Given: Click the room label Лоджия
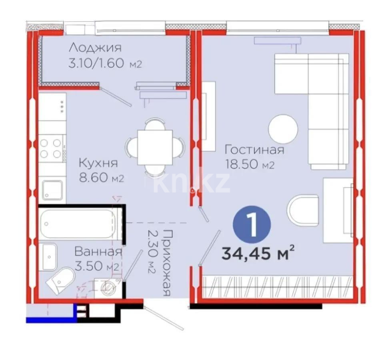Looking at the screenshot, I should tap(94, 48).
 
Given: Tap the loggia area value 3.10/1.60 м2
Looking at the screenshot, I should tap(105, 64).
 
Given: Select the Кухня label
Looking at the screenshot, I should tap(98, 163).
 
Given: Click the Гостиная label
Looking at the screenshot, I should tap(254, 150).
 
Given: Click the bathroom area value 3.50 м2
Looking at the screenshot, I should tap(97, 266).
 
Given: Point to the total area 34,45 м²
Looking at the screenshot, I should tap(258, 253).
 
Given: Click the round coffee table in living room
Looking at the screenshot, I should tap(283, 129).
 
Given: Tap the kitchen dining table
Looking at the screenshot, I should tap(155, 147).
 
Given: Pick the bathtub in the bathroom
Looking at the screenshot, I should tap(78, 224).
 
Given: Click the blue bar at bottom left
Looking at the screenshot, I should tap(51, 319).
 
